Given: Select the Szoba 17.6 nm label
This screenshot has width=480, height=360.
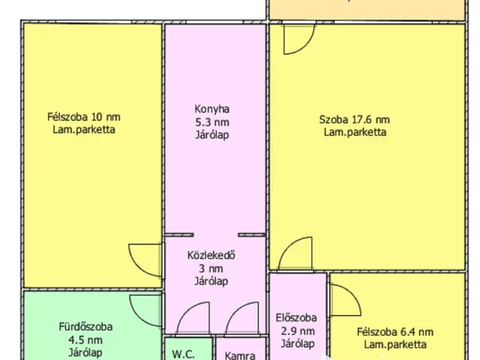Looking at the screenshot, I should coord(354,119).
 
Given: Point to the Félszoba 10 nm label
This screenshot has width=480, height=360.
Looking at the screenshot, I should coord(83,116).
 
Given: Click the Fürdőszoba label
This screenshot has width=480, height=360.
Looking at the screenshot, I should coord(85,326).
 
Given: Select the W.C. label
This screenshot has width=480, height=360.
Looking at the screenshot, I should coord(184,354).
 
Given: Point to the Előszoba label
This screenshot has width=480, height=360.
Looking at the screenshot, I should coord(297,317).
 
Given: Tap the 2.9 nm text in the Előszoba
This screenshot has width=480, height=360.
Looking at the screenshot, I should coord(297,331).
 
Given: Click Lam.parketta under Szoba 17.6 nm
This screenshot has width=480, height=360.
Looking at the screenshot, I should coord(354,133).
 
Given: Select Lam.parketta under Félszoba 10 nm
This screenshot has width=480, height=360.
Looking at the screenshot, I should coord(83,130).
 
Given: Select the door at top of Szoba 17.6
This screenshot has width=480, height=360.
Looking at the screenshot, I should coord(296,40).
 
